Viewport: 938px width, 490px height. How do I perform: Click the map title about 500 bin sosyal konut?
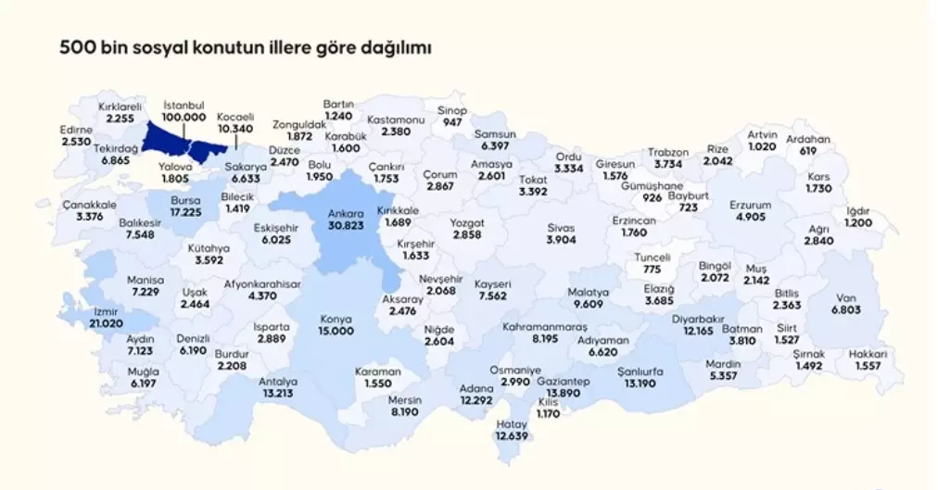(246, 46)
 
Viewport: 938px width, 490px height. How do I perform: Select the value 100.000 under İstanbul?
(184, 118)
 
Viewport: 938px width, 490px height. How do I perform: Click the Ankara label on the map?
(347, 213)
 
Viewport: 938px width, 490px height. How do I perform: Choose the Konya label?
(336, 319)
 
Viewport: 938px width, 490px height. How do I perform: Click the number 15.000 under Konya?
(336, 331)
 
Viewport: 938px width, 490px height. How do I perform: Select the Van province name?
(844, 298)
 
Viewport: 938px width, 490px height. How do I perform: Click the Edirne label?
(77, 131)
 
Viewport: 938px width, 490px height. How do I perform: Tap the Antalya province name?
(278, 382)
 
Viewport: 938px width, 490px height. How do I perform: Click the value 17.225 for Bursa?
(187, 212)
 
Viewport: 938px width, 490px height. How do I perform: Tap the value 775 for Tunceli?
(653, 270)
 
